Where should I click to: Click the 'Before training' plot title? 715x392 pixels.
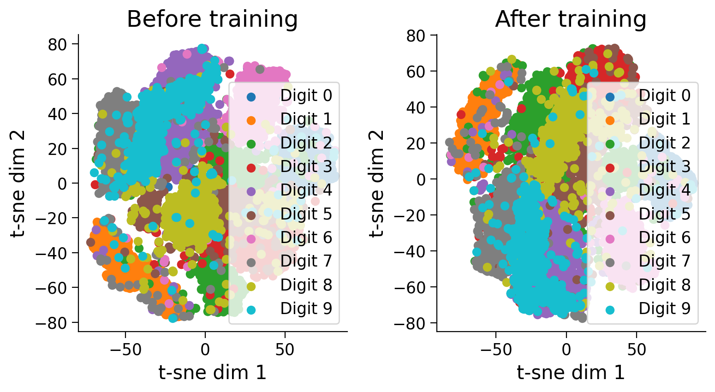coord(212,19)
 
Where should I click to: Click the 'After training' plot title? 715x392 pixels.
coord(571,19)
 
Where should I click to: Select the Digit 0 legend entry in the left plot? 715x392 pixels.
coord(306,96)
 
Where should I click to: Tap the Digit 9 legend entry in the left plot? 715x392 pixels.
coord(306,309)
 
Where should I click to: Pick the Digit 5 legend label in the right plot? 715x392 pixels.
coord(664,214)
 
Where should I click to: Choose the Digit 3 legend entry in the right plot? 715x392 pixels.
coord(664,166)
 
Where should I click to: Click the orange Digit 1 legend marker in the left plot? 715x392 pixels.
coord(251,120)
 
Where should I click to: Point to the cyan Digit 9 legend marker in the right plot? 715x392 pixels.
coord(609,309)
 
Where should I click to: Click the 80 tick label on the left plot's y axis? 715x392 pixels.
coord(59,44)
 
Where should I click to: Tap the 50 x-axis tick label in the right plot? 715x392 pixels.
coord(637,350)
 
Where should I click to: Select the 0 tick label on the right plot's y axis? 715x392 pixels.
coord(421,179)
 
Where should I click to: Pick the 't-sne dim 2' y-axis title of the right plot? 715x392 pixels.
coord(376,183)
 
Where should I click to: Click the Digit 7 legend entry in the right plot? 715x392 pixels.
coord(664,261)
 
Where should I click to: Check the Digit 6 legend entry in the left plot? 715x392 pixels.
coord(306,238)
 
